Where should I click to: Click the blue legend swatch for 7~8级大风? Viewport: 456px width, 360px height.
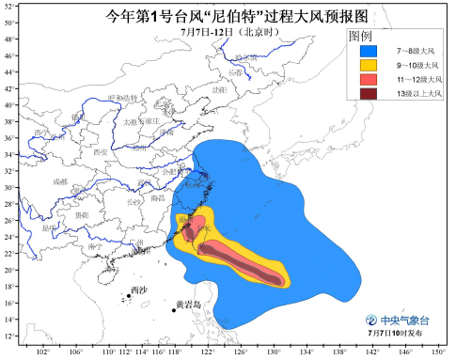pyautogui.click(x=363, y=50)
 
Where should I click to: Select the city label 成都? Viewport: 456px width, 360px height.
pyautogui.click(x=60, y=181)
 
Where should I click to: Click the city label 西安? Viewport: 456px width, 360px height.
pyautogui.click(x=101, y=151)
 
